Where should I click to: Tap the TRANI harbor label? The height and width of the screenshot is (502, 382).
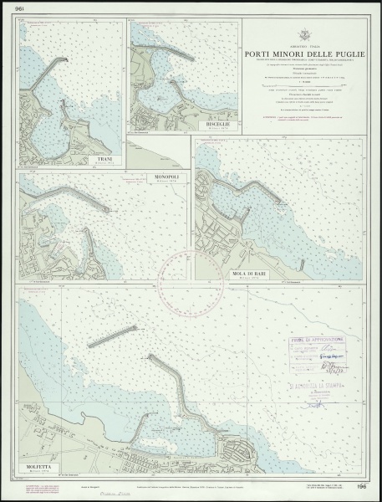104,157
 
